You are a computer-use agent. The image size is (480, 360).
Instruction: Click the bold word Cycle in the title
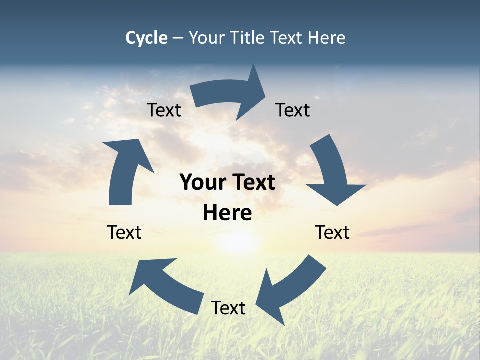click(x=146, y=38)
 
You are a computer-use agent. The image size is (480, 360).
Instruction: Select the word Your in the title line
click(x=207, y=38)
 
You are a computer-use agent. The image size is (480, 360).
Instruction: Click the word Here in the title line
click(x=326, y=38)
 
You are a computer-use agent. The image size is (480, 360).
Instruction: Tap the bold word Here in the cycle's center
click(x=227, y=213)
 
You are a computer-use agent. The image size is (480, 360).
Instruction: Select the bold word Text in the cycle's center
click(x=252, y=183)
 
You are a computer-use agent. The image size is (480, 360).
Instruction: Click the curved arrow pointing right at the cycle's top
click(x=230, y=95)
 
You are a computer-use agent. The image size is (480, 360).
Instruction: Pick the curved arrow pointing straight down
click(x=332, y=172)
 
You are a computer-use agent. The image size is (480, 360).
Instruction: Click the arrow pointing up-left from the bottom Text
click(x=165, y=285)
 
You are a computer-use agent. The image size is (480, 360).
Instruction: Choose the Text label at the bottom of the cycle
click(x=228, y=308)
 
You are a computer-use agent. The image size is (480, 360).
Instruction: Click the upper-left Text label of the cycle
click(x=164, y=110)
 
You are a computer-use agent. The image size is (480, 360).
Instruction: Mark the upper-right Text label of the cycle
click(x=293, y=110)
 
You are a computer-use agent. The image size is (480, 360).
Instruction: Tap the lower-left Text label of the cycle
click(x=124, y=232)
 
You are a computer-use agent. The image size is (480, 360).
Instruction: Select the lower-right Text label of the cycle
click(x=332, y=232)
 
